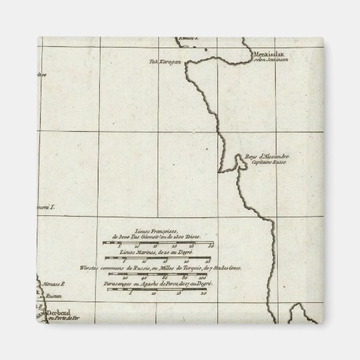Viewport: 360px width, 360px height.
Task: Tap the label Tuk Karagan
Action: point(164,61)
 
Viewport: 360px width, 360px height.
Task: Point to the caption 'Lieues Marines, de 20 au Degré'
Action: point(158,252)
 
